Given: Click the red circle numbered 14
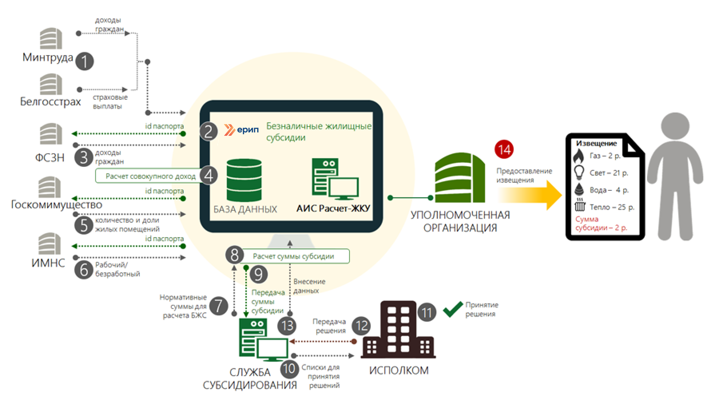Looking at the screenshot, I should pos(504,149).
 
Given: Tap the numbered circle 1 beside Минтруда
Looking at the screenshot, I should pos(84,61).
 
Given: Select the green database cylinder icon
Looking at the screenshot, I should pos(244,180).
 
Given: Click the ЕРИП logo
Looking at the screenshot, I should pos(242,130).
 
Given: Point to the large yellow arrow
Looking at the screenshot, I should pos(531,195).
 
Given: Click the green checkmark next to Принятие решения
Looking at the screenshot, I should pos(453,309).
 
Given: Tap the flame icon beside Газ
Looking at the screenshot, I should pos(579,156).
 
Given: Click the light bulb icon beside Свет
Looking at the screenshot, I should pos(579,173).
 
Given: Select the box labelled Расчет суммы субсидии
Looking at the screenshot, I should pos(294,256).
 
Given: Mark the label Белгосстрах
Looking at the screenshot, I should pos(50,102).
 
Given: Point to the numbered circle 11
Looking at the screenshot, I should pos(427,312).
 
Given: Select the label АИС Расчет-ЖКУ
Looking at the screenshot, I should pos(333,208).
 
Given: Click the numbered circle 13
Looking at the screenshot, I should pos(287,325).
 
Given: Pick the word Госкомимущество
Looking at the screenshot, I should pos(56,205).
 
